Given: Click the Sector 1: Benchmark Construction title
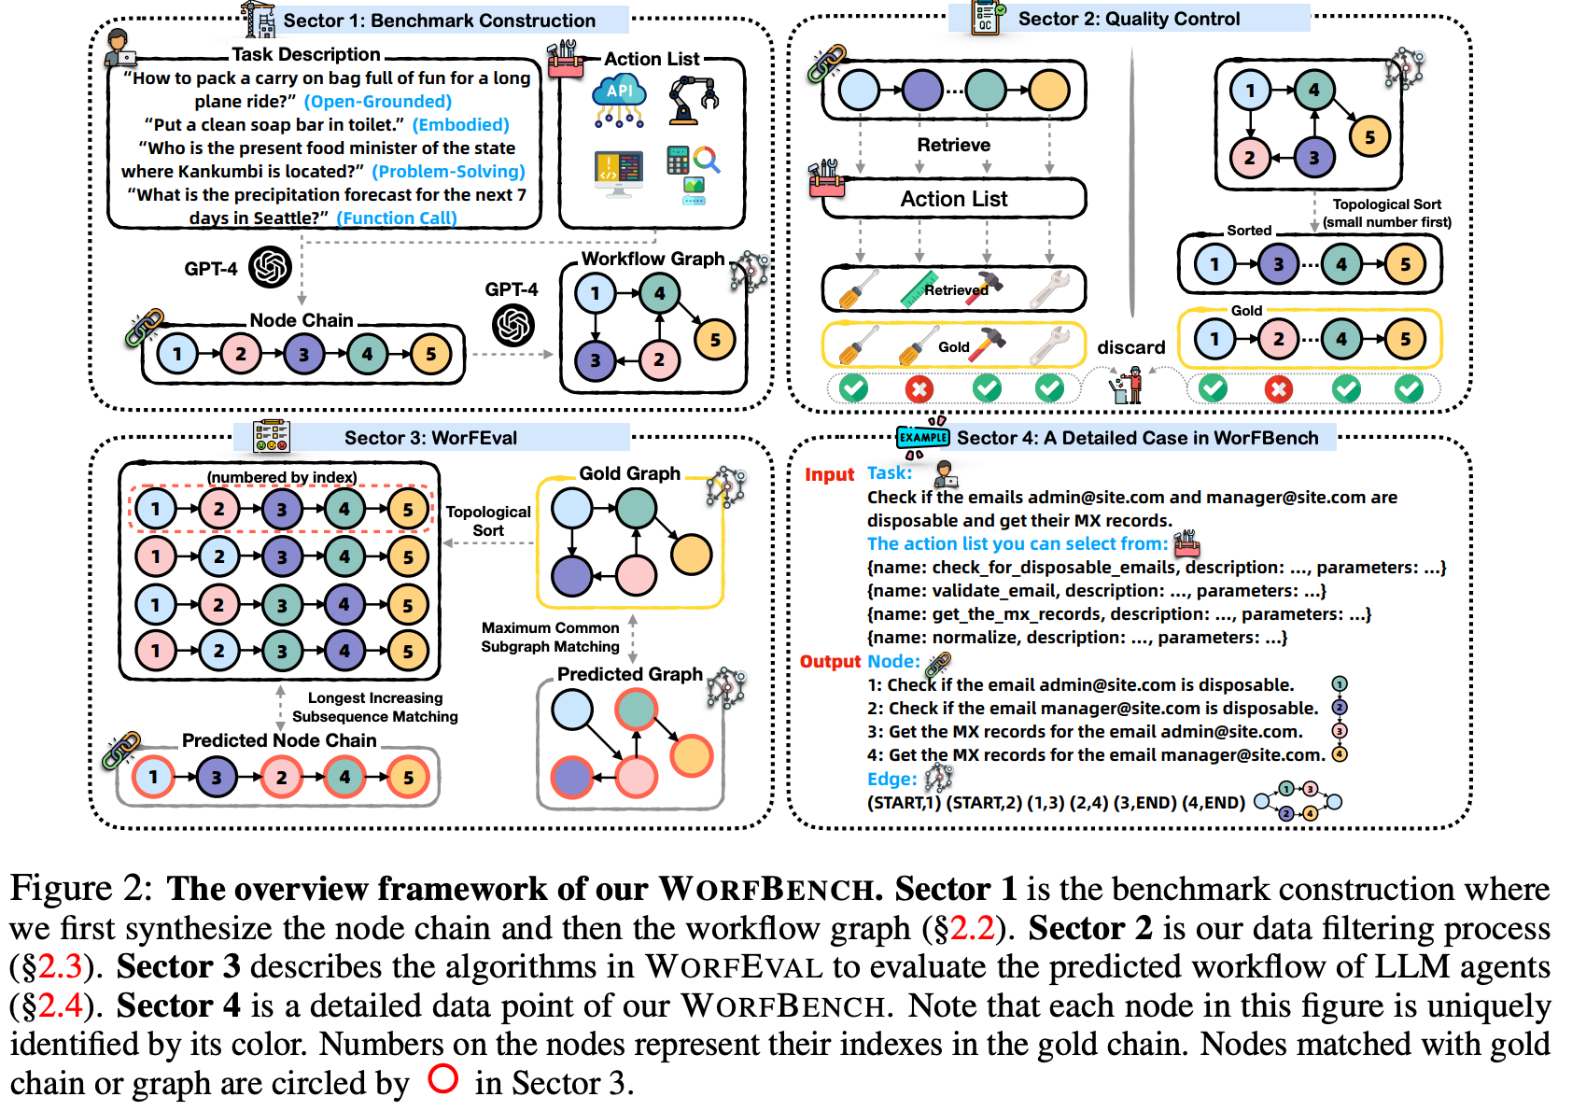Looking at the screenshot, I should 439,21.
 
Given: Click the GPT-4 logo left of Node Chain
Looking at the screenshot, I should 271,268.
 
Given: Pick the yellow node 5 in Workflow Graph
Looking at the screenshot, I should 714,340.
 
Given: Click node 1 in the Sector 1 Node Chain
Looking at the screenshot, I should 177,354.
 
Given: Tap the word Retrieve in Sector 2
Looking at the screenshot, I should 953,145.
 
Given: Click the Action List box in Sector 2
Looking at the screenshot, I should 953,199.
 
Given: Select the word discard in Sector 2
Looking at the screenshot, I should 1130,347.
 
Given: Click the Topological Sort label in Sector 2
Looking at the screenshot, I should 1386,213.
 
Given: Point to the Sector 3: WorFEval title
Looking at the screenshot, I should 430,438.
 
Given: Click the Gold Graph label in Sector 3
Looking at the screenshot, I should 629,473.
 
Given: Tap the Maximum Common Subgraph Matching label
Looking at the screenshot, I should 550,637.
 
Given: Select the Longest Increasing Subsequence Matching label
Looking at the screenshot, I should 374,707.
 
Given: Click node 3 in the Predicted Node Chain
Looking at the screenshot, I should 217,777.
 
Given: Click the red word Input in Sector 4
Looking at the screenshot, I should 829,474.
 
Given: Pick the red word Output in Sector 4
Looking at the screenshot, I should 830,661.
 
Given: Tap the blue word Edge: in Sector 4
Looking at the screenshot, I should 891,779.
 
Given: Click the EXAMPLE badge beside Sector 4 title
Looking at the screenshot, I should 922,437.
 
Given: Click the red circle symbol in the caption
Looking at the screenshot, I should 442,1078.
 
